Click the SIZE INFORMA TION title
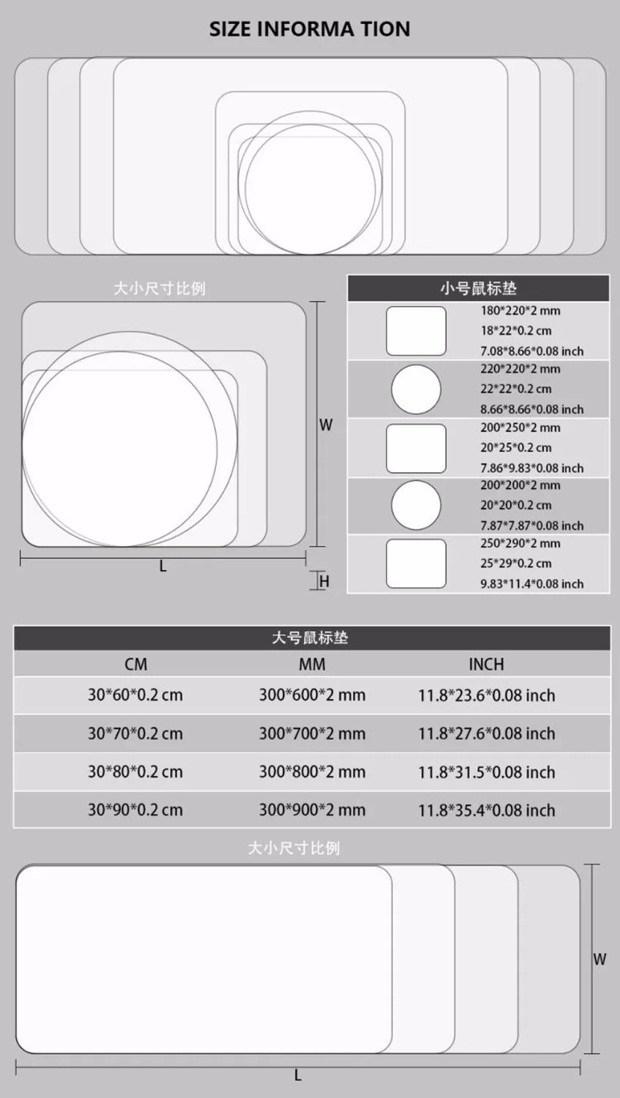pyautogui.click(x=310, y=29)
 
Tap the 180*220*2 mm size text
pyautogui.click(x=520, y=310)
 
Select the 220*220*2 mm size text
pyautogui.click(x=520, y=369)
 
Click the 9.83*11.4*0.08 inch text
pyautogui.click(x=531, y=584)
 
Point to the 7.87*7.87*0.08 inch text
pyautogui.click(x=531, y=526)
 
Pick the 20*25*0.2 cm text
pyautogui.click(x=516, y=447)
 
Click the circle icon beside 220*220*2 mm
pyautogui.click(x=416, y=389)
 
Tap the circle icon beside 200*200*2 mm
pyautogui.click(x=416, y=505)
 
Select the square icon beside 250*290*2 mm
pyautogui.click(x=416, y=564)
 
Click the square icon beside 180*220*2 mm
pyautogui.click(x=416, y=331)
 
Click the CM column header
pyautogui.click(x=136, y=665)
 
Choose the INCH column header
pyautogui.click(x=486, y=665)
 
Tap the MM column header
pyautogui.click(x=312, y=665)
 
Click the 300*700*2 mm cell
pyautogui.click(x=312, y=733)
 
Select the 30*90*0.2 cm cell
pyautogui.click(x=135, y=810)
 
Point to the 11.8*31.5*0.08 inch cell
pyautogui.click(x=486, y=772)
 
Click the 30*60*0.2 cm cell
pyautogui.click(x=135, y=695)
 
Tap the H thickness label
pyautogui.click(x=325, y=581)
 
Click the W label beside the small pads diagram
pyautogui.click(x=326, y=425)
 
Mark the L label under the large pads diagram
pyautogui.click(x=298, y=1075)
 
